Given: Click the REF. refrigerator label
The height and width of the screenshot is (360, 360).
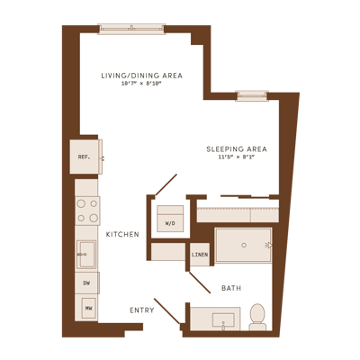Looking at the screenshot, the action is click(84, 157).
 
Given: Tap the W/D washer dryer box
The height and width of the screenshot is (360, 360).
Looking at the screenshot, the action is click(170, 219).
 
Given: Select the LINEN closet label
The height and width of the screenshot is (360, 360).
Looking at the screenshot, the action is click(200, 255).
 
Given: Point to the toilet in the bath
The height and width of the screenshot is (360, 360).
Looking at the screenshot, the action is click(257, 317).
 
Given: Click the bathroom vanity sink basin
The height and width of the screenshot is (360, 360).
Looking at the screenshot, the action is click(223, 319).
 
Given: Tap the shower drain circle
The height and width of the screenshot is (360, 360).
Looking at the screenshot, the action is click(244, 245).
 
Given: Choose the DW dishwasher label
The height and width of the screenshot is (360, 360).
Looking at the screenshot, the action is click(86, 283).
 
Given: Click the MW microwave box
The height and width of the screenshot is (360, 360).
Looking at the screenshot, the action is click(88, 308).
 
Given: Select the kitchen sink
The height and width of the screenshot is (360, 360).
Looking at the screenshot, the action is click(86, 255).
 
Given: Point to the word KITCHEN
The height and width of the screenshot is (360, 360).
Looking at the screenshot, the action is click(122, 234).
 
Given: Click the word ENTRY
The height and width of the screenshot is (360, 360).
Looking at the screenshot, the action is click(142, 310).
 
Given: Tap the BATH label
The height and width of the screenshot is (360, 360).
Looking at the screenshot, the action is click(231, 288).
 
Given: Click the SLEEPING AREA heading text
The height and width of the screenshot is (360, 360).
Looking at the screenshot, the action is click(237, 149).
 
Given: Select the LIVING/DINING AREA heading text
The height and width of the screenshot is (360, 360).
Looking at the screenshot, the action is click(142, 76).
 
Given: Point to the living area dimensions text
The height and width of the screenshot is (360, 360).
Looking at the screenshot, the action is click(141, 84).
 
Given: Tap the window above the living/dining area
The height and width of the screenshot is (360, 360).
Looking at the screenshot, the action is click(131, 29).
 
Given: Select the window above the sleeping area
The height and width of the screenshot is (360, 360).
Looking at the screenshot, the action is click(252, 95).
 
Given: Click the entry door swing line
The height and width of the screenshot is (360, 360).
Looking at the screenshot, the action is click(167, 311).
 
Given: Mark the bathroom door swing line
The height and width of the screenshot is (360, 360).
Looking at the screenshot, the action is click(200, 283).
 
